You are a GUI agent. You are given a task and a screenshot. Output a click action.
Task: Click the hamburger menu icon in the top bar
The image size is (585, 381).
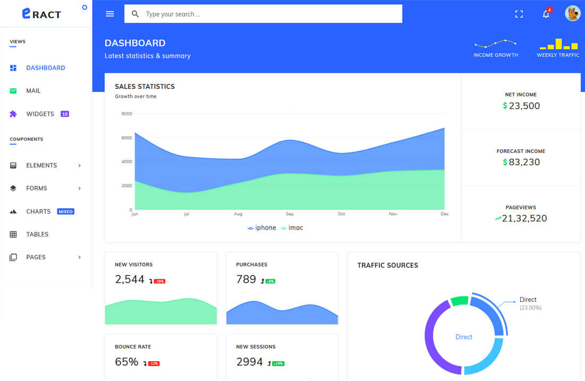[110, 14]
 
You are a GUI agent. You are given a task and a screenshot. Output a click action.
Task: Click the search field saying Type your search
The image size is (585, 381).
[263, 14]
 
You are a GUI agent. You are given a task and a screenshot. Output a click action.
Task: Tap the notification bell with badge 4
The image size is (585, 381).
[546, 14]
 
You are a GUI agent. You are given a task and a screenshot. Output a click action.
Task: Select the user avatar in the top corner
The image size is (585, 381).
[572, 14]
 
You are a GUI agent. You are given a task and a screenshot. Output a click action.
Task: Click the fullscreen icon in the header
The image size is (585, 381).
[519, 14]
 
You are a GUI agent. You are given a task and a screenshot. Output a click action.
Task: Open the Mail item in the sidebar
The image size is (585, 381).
[33, 91]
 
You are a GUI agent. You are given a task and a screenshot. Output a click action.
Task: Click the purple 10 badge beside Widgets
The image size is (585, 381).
[65, 114]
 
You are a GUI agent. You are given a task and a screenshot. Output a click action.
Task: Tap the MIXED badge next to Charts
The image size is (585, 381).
[66, 211]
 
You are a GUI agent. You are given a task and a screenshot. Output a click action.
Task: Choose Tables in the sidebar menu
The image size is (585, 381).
[37, 234]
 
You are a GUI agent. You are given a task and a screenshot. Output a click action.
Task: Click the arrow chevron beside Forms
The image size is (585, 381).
[80, 188]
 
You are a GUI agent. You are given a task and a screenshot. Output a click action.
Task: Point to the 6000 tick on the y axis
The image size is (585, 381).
[127, 138]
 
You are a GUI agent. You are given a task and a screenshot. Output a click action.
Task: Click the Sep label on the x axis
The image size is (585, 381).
[289, 214]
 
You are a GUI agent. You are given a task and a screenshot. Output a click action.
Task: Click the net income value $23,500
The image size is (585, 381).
[521, 106]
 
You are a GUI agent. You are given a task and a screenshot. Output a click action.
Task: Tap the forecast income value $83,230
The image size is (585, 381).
[521, 162]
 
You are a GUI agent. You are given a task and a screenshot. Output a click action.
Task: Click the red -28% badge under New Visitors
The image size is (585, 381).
[160, 281]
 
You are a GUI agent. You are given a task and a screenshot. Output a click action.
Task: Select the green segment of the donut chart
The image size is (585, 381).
[459, 301]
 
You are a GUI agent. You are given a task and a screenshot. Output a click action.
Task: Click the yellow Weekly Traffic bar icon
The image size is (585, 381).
[558, 44]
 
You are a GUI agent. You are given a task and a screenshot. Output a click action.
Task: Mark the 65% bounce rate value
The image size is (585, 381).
[127, 362]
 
